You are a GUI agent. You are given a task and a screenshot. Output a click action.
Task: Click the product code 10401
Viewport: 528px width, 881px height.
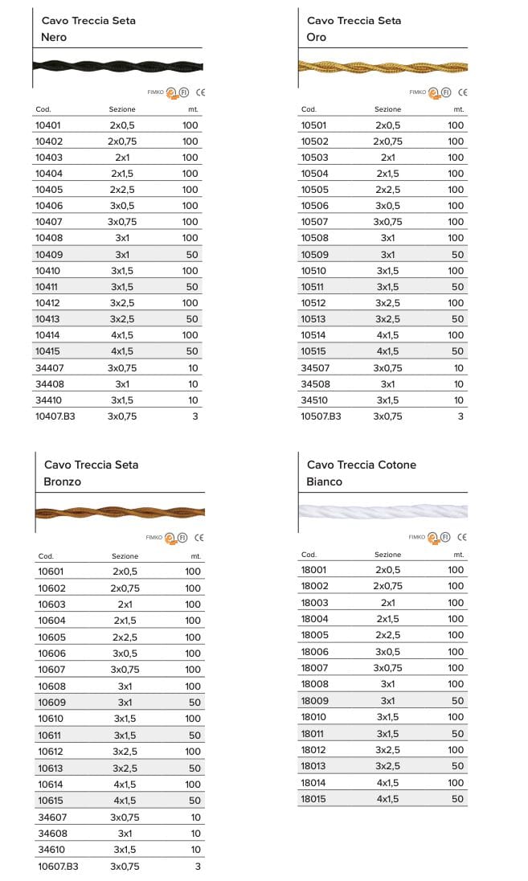(x=48, y=125)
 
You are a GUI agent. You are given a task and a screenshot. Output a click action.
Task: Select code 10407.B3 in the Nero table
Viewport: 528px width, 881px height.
(x=55, y=416)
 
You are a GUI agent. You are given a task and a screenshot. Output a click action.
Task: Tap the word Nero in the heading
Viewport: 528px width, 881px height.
(x=54, y=37)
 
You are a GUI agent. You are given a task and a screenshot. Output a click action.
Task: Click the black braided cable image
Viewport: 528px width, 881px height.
(x=118, y=66)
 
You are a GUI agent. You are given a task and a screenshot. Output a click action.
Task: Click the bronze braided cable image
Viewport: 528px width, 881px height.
(x=121, y=511)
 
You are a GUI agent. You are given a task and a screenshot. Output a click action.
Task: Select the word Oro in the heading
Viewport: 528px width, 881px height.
(x=317, y=37)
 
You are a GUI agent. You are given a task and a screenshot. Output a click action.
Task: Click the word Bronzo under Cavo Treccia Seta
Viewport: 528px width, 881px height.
(x=63, y=481)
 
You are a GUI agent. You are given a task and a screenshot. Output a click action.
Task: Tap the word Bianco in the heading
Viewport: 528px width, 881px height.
(x=325, y=481)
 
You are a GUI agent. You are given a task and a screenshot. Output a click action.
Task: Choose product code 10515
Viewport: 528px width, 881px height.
(x=314, y=351)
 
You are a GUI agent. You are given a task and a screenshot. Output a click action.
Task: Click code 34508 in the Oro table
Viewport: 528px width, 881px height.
(x=315, y=384)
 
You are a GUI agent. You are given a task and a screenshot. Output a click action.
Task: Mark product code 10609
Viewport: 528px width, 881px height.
(x=51, y=703)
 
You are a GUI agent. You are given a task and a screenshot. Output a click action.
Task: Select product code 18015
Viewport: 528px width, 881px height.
(x=313, y=799)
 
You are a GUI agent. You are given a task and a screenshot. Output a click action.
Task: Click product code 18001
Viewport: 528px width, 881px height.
(x=313, y=570)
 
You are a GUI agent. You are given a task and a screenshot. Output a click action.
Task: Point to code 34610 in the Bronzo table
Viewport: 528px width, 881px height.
(x=52, y=850)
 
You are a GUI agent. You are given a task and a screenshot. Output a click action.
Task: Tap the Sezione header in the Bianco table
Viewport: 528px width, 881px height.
(x=387, y=555)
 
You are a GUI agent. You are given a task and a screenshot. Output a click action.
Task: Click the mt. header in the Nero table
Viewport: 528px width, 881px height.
(x=193, y=109)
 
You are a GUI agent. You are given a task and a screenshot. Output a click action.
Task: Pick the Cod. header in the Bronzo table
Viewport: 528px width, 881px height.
(x=46, y=556)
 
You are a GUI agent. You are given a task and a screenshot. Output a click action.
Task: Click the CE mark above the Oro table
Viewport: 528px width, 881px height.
(x=463, y=92)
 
